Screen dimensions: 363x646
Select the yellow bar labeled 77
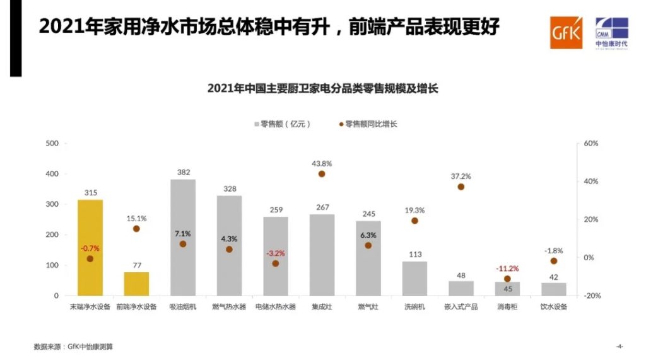136,284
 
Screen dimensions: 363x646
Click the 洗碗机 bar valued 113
414,278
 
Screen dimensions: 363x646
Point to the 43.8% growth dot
322,174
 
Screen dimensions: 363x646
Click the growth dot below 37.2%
461,187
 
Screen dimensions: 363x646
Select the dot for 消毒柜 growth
507,279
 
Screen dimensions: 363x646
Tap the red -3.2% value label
275,253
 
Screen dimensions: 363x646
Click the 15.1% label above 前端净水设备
136,219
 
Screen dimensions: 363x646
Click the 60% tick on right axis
590,143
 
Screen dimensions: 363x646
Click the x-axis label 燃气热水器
229,308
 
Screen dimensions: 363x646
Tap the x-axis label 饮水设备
554,308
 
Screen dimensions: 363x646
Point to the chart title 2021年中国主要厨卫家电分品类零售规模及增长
322,89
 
